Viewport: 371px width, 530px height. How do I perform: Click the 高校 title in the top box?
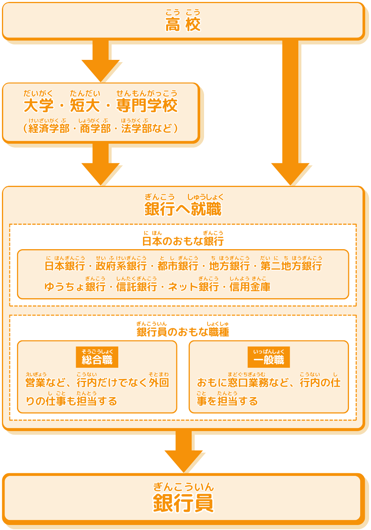[183, 24]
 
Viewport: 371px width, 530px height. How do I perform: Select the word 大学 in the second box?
[39, 105]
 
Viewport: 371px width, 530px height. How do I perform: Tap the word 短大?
[85, 105]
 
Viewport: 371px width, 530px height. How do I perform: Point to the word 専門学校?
[147, 105]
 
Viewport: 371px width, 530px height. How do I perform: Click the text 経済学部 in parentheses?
[49, 128]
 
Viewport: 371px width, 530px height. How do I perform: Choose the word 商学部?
[95, 128]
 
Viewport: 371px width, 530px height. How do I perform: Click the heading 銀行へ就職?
[183, 209]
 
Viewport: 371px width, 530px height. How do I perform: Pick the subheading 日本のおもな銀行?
[183, 241]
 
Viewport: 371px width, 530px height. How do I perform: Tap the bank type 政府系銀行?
[121, 266]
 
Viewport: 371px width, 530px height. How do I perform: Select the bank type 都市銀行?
[178, 266]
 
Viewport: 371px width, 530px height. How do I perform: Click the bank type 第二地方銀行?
[291, 266]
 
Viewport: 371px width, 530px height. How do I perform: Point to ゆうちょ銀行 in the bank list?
[75, 287]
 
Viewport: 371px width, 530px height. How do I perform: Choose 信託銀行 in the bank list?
[136, 287]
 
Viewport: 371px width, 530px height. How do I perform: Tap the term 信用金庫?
[250, 287]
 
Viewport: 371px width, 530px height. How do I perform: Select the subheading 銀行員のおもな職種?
[183, 332]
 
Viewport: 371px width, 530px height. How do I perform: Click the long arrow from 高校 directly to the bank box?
[291, 108]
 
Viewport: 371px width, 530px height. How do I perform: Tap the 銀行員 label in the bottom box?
[183, 503]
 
